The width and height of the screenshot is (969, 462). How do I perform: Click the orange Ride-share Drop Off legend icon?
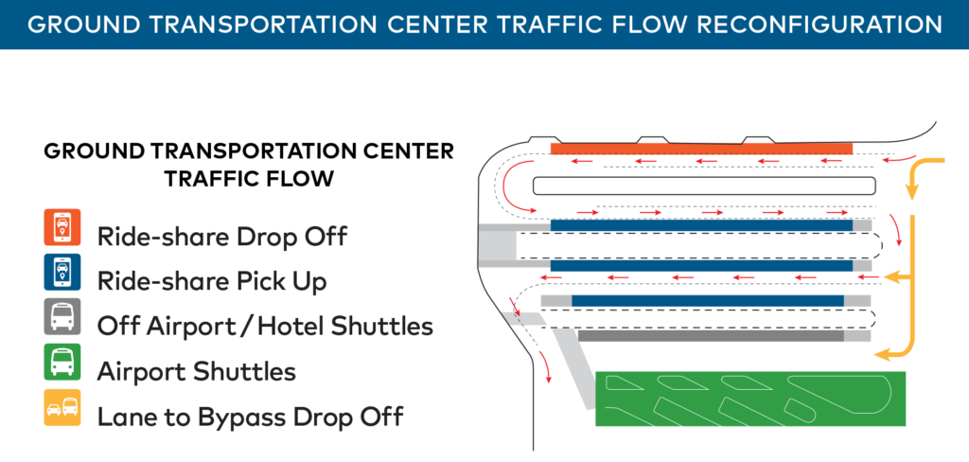click(62, 228)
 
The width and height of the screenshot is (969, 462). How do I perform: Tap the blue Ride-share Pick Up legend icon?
click(62, 273)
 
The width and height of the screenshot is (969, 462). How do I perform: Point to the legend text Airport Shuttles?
click(196, 371)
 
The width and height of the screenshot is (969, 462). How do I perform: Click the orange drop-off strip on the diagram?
click(700, 149)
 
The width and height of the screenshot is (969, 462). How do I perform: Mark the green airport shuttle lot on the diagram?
click(748, 399)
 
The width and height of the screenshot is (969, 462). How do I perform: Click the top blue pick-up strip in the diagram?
click(700, 225)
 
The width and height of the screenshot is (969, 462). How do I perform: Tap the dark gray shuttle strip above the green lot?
click(710, 335)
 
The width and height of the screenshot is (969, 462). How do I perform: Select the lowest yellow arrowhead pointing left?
click(884, 354)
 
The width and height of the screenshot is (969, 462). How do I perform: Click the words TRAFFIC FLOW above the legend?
click(249, 178)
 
